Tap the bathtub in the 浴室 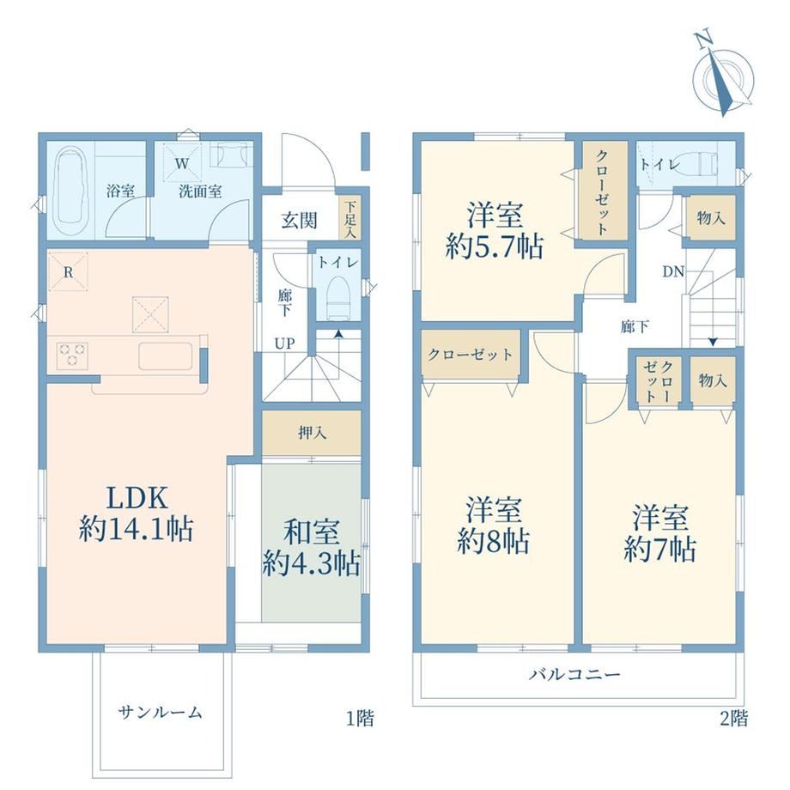(71, 191)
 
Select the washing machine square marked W (182, 162)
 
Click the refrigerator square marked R (68, 272)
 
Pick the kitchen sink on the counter (166, 355)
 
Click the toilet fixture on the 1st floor (338, 300)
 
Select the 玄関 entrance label (300, 220)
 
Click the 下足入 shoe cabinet (349, 220)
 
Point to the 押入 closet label (313, 432)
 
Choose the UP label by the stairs (284, 343)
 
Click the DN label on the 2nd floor (673, 272)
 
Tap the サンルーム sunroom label (161, 712)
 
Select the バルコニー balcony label (574, 673)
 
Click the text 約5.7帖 (494, 247)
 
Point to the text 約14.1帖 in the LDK (136, 529)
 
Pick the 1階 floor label (360, 718)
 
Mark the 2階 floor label (733, 718)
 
